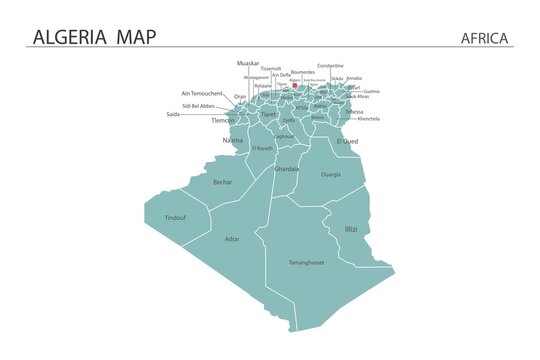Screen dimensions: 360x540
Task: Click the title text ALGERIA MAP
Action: tap(94, 37)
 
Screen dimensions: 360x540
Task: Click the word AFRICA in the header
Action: tap(485, 38)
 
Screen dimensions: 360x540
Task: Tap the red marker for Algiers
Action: tap(295, 86)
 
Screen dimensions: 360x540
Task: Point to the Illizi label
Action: tap(351, 229)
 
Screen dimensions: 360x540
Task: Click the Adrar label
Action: tap(232, 239)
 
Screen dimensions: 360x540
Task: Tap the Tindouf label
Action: tap(175, 217)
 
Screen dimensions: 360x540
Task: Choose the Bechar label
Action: tap(222, 182)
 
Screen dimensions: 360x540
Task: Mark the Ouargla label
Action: tap(330, 174)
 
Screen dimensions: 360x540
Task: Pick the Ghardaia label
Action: tap(286, 169)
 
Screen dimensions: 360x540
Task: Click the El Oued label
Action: tap(347, 141)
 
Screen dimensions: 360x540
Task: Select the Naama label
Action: tap(232, 140)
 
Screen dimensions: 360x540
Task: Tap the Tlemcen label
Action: tap(224, 120)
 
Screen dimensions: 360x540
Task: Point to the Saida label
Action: tap(174, 114)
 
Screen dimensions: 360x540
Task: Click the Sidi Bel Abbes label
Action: tap(198, 105)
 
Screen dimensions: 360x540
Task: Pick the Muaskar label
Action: tap(248, 63)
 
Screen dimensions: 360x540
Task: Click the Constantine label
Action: tap(330, 65)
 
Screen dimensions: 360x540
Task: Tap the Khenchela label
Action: tap(368, 118)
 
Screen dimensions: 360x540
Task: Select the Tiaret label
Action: tap(268, 114)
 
